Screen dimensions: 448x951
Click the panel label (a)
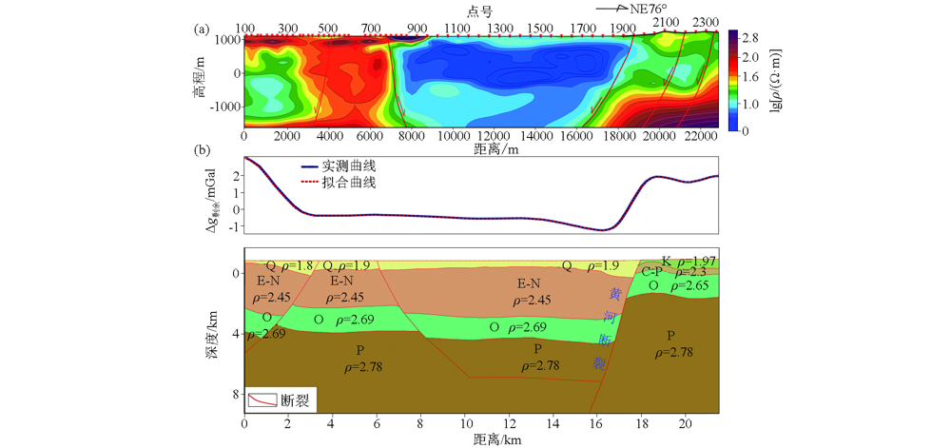click(202, 29)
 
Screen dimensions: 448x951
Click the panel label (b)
click(202, 150)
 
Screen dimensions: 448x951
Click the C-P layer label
click(653, 272)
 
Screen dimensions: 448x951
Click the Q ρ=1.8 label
click(289, 265)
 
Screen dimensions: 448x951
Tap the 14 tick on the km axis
click(550, 422)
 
